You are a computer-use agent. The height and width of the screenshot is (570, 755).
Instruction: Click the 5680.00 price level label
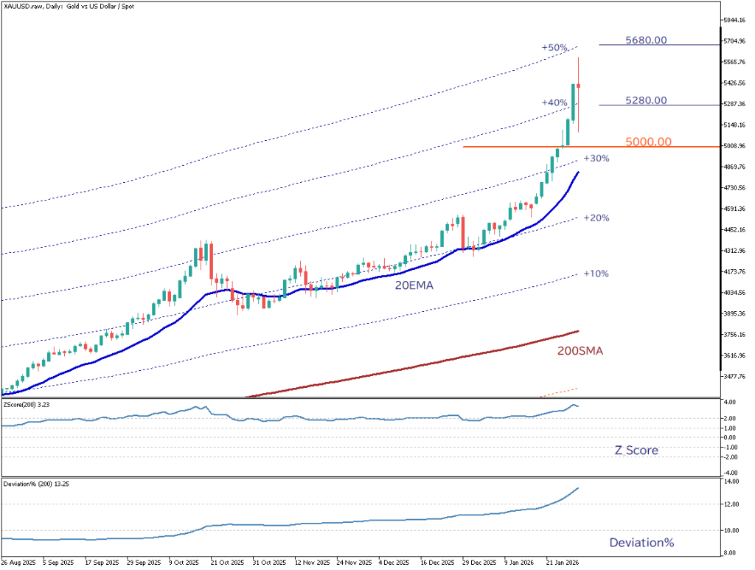point(646,40)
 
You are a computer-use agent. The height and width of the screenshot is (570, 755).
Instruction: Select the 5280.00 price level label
point(646,100)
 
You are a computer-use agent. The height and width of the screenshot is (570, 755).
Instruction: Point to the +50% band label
point(554,48)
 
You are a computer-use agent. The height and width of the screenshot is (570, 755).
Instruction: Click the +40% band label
point(554,102)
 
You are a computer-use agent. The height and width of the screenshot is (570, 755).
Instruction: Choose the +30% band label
point(596,159)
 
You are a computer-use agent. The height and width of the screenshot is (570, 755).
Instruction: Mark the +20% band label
point(596,218)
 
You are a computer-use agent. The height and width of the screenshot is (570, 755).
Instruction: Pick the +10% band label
point(596,274)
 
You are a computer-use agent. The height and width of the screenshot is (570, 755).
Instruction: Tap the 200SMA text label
point(580,352)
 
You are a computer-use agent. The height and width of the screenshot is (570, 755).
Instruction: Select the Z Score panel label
point(636,450)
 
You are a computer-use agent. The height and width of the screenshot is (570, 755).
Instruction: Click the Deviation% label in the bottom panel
point(641,543)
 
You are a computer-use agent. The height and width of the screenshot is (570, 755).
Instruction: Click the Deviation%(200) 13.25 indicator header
point(34,484)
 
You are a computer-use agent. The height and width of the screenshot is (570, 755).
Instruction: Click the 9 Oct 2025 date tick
point(184,561)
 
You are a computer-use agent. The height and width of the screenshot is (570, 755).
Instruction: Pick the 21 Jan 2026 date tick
point(563,561)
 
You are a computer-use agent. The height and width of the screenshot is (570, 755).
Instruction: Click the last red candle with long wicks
point(579,86)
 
